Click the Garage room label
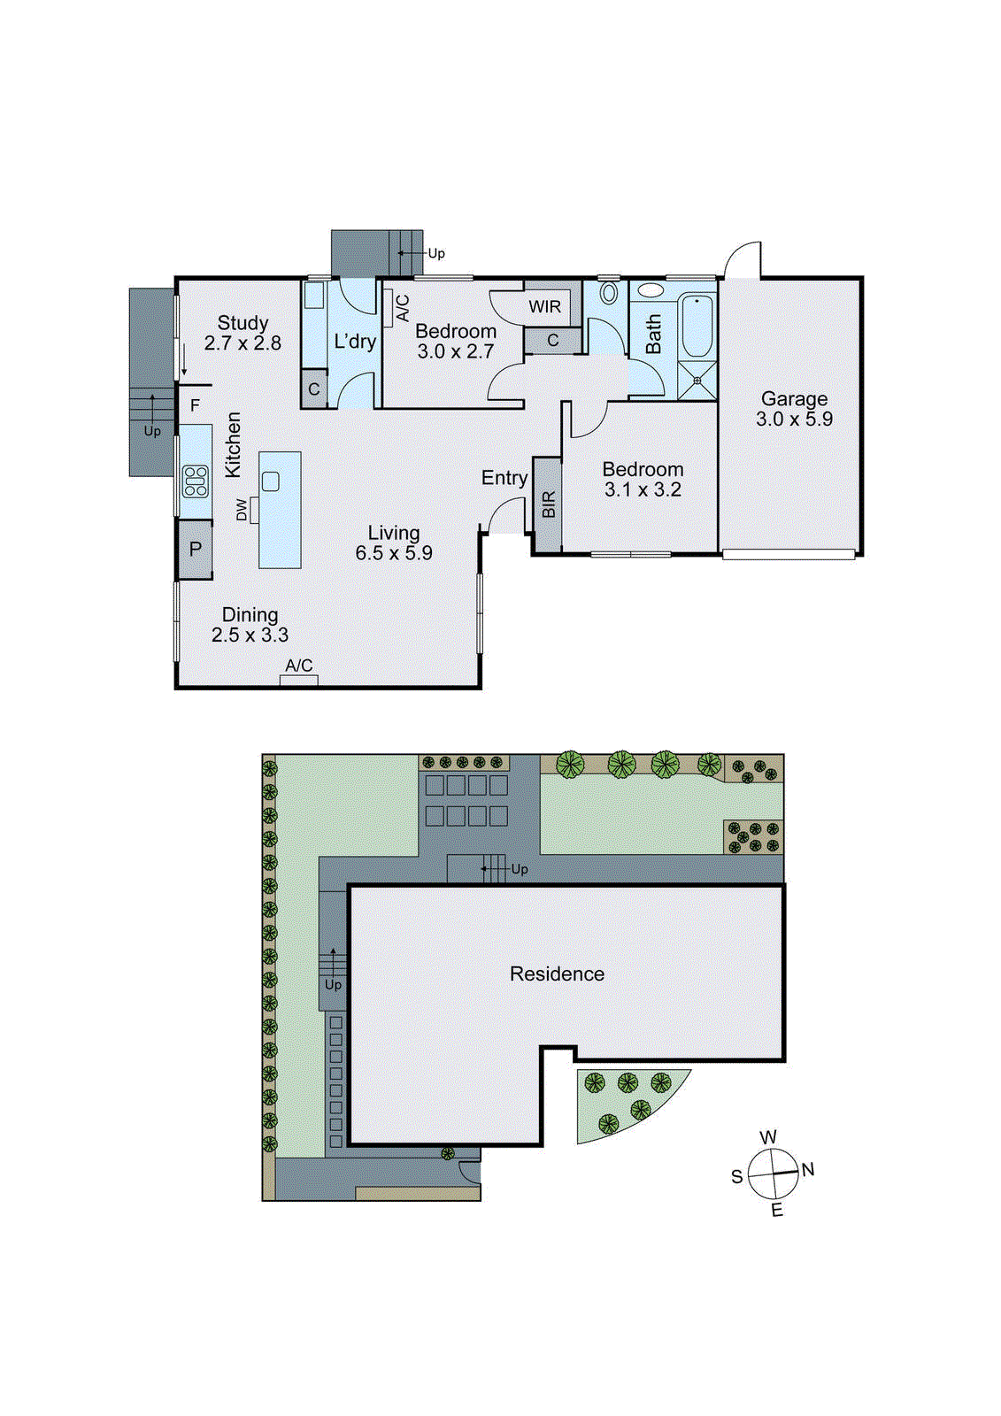(794, 399)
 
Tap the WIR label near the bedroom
(544, 307)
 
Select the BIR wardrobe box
(548, 505)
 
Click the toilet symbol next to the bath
(609, 293)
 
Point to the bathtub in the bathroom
(697, 326)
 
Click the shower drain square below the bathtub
(697, 381)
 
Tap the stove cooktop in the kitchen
(195, 481)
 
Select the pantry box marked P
(195, 549)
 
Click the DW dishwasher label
(242, 510)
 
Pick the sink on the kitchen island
(271, 481)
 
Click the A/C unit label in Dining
(298, 666)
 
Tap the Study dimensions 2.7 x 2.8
(243, 343)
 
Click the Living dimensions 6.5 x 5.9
(394, 554)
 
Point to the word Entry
(504, 478)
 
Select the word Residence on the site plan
(557, 974)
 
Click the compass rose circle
(774, 1174)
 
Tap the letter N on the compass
(808, 1170)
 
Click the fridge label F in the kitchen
(195, 406)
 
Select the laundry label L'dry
(355, 342)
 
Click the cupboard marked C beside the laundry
(313, 389)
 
